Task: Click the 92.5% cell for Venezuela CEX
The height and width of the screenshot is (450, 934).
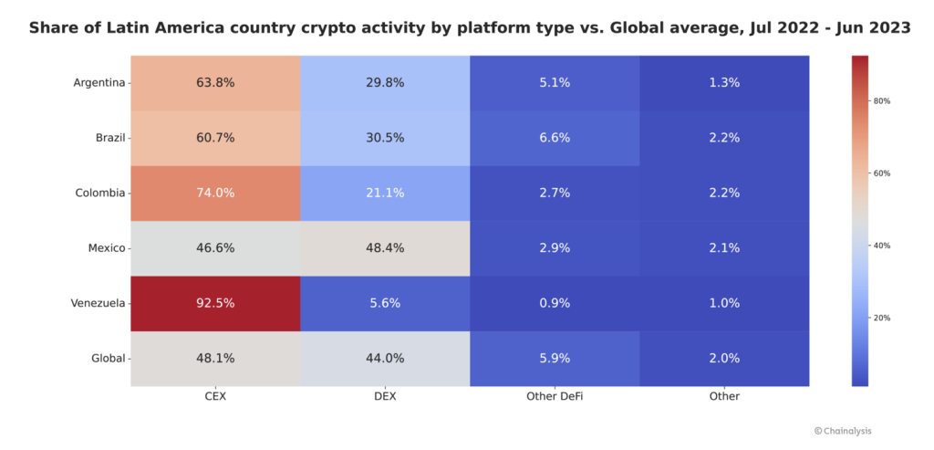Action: (215, 303)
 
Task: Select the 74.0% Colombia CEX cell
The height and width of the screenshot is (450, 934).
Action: (215, 193)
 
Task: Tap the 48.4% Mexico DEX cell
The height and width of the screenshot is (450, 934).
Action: (384, 248)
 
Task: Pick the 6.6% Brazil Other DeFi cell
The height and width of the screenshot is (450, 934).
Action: (555, 138)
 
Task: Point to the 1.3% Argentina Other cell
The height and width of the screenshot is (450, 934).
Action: (723, 82)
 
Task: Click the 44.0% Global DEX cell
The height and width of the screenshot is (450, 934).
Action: (384, 359)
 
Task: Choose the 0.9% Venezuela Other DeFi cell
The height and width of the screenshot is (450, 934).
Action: (555, 303)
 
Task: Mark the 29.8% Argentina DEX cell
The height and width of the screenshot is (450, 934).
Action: (384, 82)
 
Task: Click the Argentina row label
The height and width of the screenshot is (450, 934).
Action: (99, 82)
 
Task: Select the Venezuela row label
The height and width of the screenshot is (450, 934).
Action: (98, 303)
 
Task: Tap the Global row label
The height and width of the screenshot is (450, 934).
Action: (108, 359)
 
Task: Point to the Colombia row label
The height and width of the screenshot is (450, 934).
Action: (99, 193)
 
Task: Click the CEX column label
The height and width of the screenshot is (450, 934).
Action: (215, 397)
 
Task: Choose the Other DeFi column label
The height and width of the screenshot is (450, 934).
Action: (555, 397)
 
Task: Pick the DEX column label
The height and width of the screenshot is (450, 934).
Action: (384, 397)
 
